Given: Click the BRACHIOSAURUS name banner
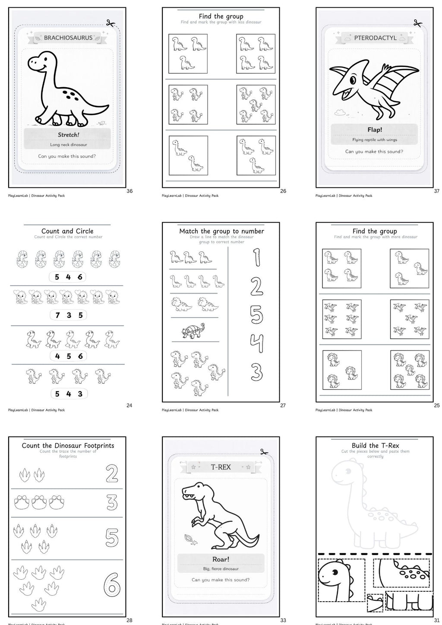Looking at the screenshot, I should (x=68, y=38).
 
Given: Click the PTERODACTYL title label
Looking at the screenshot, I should (x=375, y=38).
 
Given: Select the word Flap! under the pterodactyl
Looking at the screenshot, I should (x=374, y=129).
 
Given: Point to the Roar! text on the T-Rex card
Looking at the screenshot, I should (x=221, y=559).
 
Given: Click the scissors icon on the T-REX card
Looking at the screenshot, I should (x=264, y=452).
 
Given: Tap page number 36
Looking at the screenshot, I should (x=129, y=191).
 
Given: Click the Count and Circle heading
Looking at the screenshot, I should (x=67, y=231).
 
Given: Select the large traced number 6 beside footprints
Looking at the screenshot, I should (x=112, y=584).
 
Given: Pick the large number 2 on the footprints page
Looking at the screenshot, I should (x=112, y=474).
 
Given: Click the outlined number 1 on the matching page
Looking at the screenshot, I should (x=256, y=257).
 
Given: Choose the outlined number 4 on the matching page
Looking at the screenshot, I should (x=256, y=344).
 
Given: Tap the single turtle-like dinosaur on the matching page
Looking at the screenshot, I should (x=193, y=331).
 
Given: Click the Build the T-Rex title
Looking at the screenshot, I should (x=375, y=445).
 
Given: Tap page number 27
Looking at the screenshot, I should (x=283, y=405).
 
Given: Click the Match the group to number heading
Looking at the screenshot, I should (x=221, y=231).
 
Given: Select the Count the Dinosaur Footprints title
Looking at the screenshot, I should (x=68, y=445).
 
